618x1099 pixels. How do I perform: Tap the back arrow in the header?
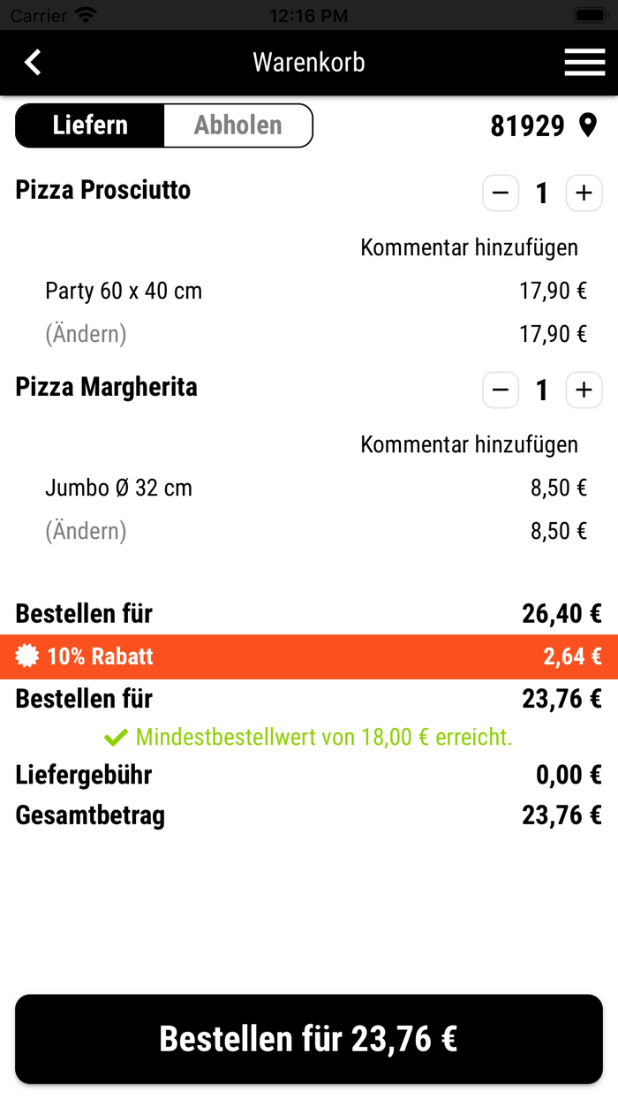(33, 63)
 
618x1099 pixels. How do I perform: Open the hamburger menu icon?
(584, 63)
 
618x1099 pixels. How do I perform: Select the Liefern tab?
(90, 125)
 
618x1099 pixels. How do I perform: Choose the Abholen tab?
(238, 125)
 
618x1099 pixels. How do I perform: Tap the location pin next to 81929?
(588, 125)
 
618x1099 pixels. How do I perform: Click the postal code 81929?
(527, 126)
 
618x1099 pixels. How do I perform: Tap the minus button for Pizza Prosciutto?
(501, 193)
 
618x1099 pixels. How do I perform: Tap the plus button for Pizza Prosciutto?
(584, 193)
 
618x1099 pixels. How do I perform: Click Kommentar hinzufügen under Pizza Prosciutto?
(469, 247)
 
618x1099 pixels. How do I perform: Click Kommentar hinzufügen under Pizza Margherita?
(469, 444)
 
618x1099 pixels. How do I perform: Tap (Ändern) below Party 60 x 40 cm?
(86, 334)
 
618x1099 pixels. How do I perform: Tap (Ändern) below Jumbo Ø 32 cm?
(86, 531)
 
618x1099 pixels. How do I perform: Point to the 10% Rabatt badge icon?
(27, 656)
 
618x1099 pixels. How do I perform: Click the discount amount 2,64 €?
(572, 656)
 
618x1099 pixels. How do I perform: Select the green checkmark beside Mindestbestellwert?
(116, 737)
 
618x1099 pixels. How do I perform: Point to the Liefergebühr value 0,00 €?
(569, 776)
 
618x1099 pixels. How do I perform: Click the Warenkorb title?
(309, 63)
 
